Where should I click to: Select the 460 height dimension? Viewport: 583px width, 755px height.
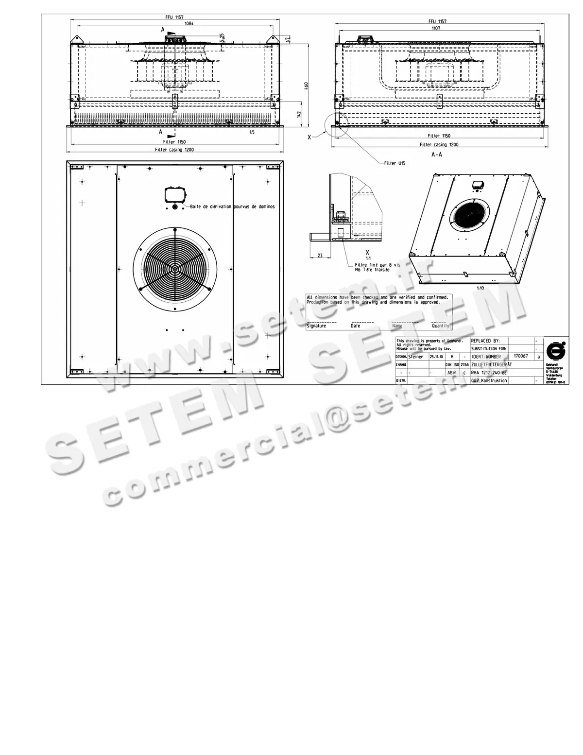pyautogui.click(x=306, y=86)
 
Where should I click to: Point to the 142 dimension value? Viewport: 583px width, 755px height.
pyautogui.click(x=300, y=114)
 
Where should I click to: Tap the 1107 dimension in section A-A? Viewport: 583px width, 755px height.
pyautogui.click(x=436, y=28)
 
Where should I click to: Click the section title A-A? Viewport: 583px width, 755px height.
pyautogui.click(x=437, y=154)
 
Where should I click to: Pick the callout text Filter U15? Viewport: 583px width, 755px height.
pyautogui.click(x=394, y=164)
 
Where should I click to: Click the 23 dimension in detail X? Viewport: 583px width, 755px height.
pyautogui.click(x=320, y=255)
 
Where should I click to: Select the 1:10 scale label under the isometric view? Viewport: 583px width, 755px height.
pyautogui.click(x=480, y=288)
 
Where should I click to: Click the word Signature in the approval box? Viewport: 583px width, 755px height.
pyautogui.click(x=316, y=326)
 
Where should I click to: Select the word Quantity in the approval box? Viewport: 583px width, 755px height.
pyautogui.click(x=441, y=326)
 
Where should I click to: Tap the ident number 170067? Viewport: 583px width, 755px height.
pyautogui.click(x=520, y=356)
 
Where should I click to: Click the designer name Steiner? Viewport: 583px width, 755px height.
pyautogui.click(x=416, y=357)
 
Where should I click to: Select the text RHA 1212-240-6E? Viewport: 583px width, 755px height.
pyautogui.click(x=489, y=373)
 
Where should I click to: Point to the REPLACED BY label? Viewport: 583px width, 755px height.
pyautogui.click(x=485, y=341)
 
